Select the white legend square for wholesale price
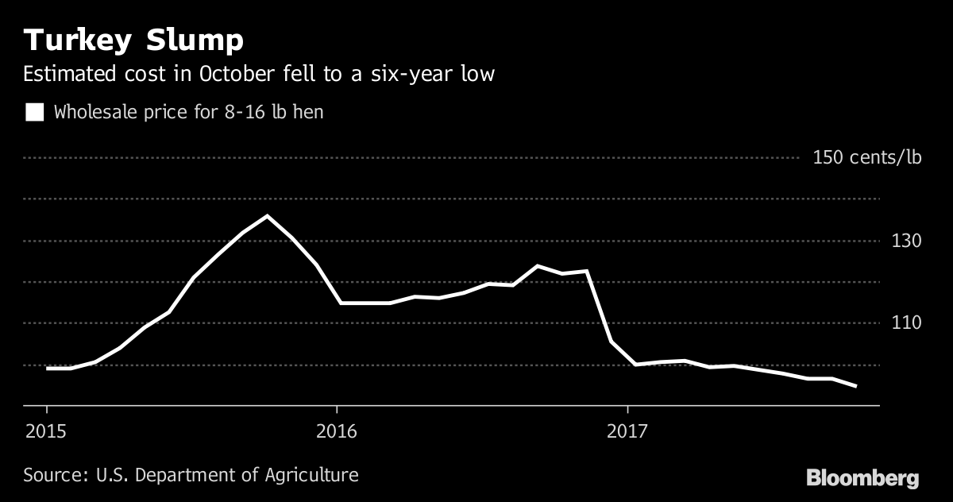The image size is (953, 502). [x=34, y=112]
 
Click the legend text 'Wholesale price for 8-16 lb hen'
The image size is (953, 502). [x=188, y=112]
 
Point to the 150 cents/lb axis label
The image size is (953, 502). [x=867, y=157]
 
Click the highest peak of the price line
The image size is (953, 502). [x=267, y=215]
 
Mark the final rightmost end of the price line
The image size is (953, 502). [x=856, y=387]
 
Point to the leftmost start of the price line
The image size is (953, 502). [x=47, y=369]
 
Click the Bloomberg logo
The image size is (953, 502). [x=862, y=478]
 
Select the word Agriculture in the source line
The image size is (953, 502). [x=313, y=476]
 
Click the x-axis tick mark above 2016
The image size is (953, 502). [x=337, y=411]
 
